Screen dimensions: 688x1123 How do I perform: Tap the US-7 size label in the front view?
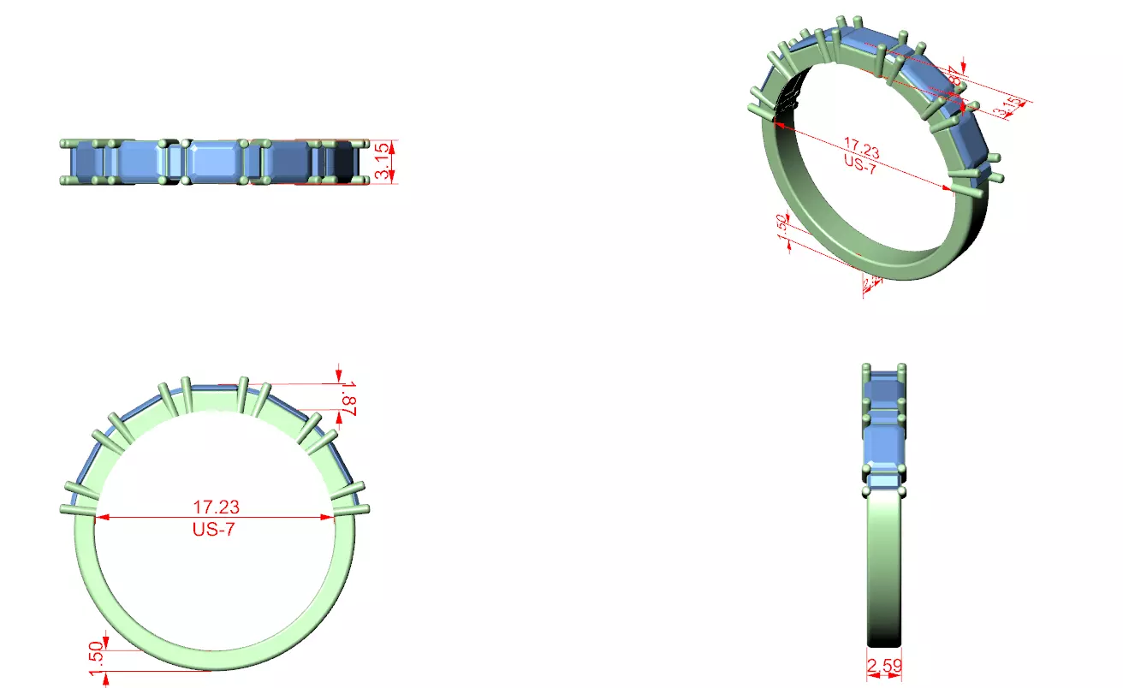(213, 530)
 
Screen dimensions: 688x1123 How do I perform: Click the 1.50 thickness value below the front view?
(96, 656)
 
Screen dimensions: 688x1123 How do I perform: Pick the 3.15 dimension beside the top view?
(383, 161)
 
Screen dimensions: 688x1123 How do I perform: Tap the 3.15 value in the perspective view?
(1010, 108)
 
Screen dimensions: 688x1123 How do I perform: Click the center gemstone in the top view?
(215, 161)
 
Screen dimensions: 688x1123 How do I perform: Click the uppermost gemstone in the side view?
(883, 389)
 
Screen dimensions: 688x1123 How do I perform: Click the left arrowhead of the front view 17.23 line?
(98, 517)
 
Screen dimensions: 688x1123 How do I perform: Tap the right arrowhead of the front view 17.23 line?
(328, 517)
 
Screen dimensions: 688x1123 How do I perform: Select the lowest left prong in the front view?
(77, 510)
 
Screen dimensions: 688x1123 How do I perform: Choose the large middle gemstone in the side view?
(883, 445)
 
